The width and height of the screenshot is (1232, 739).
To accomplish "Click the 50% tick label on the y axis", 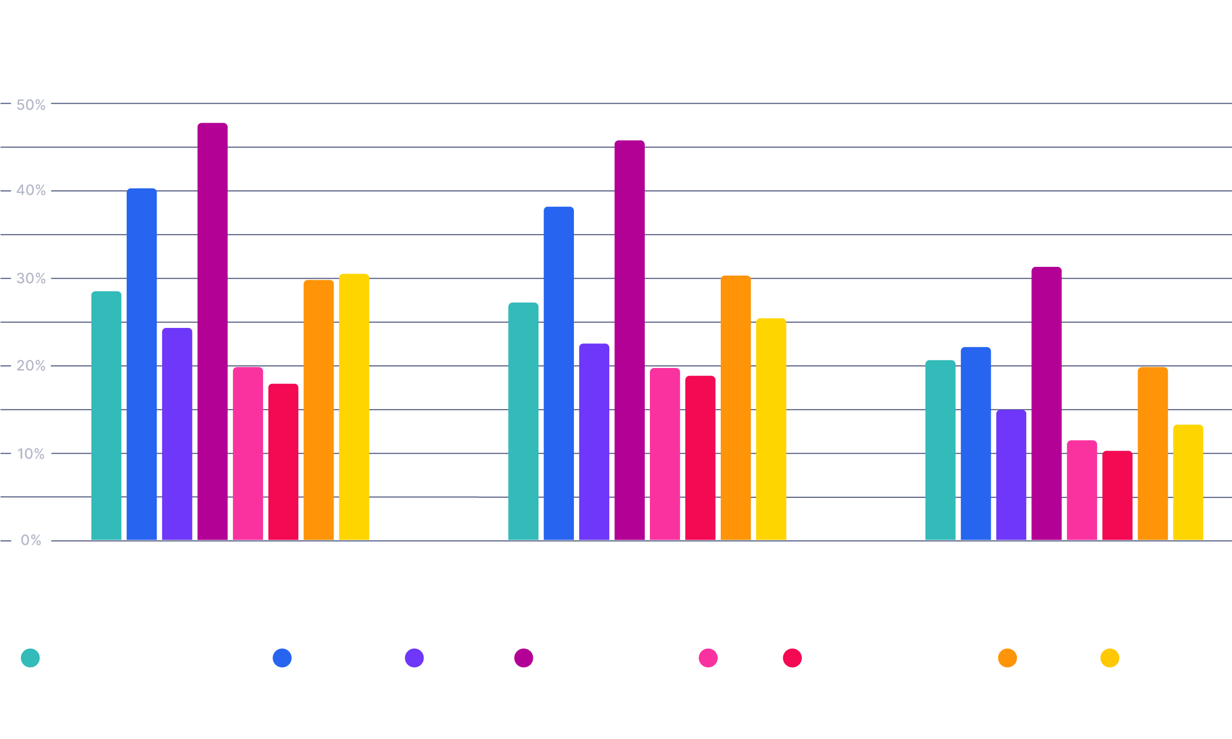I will (x=31, y=105).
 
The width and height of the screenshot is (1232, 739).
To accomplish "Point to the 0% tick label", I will (x=31, y=540).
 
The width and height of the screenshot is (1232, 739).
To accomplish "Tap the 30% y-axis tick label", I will (x=31, y=279).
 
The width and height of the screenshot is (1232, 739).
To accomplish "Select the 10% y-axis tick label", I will (x=31, y=454).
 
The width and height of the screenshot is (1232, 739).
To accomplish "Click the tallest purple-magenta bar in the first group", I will (x=213, y=332).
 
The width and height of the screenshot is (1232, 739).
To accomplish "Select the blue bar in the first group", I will (x=142, y=364).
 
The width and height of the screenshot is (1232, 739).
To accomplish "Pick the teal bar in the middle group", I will (x=523, y=421).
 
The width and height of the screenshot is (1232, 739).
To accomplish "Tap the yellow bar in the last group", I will (x=1188, y=482).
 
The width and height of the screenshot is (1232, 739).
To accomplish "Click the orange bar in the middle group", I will (x=736, y=408).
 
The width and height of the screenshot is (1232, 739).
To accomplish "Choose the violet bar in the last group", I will (x=1011, y=475).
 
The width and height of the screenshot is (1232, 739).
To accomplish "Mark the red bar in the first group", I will (x=283, y=462).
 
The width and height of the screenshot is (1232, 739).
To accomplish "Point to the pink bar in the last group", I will (x=1082, y=490).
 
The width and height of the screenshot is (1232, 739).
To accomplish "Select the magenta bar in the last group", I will (x=1047, y=403).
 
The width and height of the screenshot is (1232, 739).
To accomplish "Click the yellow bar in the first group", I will (x=354, y=407).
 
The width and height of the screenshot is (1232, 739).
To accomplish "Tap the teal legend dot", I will (x=30, y=658).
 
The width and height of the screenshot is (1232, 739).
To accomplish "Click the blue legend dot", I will (x=282, y=658).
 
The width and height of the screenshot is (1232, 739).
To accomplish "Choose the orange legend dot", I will (x=1007, y=658).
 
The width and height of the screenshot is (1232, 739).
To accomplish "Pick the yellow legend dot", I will (x=1109, y=658).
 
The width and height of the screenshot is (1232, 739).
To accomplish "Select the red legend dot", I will (x=792, y=658).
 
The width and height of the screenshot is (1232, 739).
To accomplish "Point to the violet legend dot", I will (x=414, y=658).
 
